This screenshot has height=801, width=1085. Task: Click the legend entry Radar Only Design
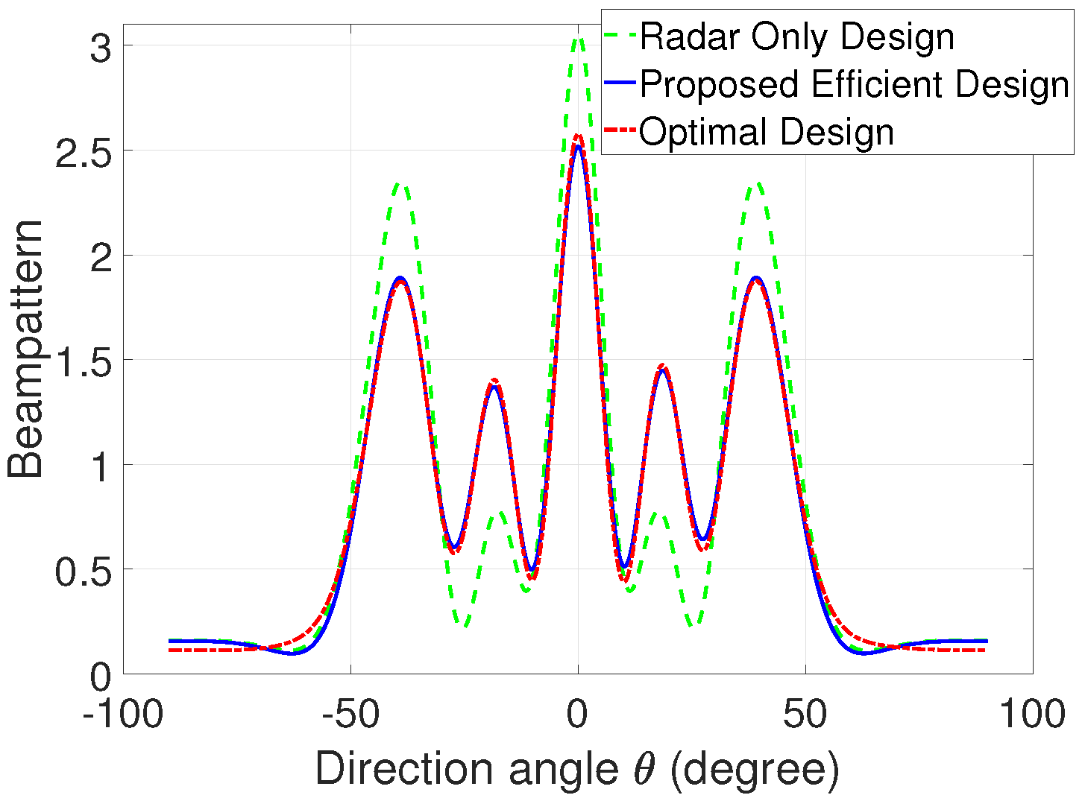pos(796,37)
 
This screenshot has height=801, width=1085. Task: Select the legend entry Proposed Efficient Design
pos(855,84)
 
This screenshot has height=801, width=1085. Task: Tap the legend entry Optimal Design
pos(767,132)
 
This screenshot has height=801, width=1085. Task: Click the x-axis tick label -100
pos(123,715)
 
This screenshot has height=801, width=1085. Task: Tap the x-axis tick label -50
pos(350,715)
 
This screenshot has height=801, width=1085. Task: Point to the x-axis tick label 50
pos(805,715)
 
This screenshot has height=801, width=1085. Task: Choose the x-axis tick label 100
pos(1032,715)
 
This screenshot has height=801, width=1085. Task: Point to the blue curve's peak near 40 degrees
pos(757,277)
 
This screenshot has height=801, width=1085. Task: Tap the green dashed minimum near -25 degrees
pos(464,624)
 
